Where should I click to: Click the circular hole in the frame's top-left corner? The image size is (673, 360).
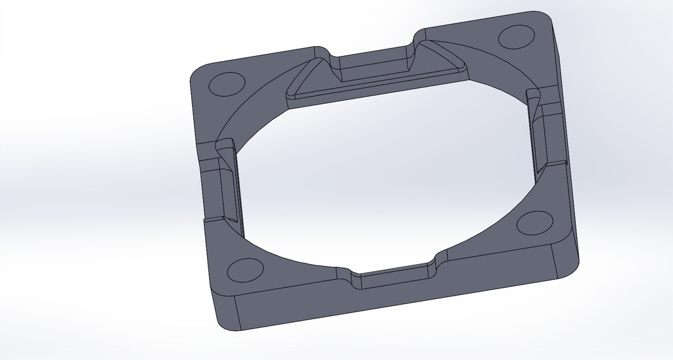pos(226,85)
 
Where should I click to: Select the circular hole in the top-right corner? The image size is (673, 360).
pos(516,36)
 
